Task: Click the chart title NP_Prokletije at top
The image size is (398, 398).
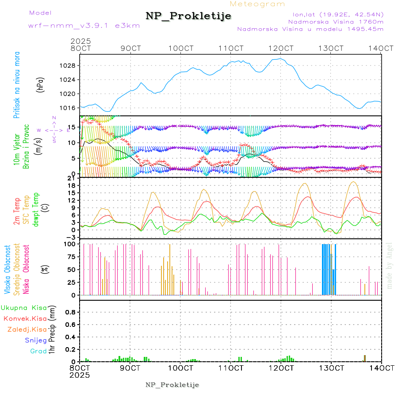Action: coord(188,16)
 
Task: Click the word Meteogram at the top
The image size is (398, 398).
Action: coord(257,4)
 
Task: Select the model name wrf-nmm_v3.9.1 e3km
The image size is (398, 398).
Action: coord(84,26)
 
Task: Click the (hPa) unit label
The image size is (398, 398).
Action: coord(41,84)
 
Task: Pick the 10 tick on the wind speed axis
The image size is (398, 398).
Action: coord(72,143)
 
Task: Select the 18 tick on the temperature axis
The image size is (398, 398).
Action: coord(72,185)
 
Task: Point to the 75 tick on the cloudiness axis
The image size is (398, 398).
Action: coord(71,256)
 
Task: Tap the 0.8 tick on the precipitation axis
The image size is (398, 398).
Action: coord(69,312)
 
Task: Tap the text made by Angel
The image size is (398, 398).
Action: coord(389,265)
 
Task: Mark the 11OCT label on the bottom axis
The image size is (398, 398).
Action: coord(232,368)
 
